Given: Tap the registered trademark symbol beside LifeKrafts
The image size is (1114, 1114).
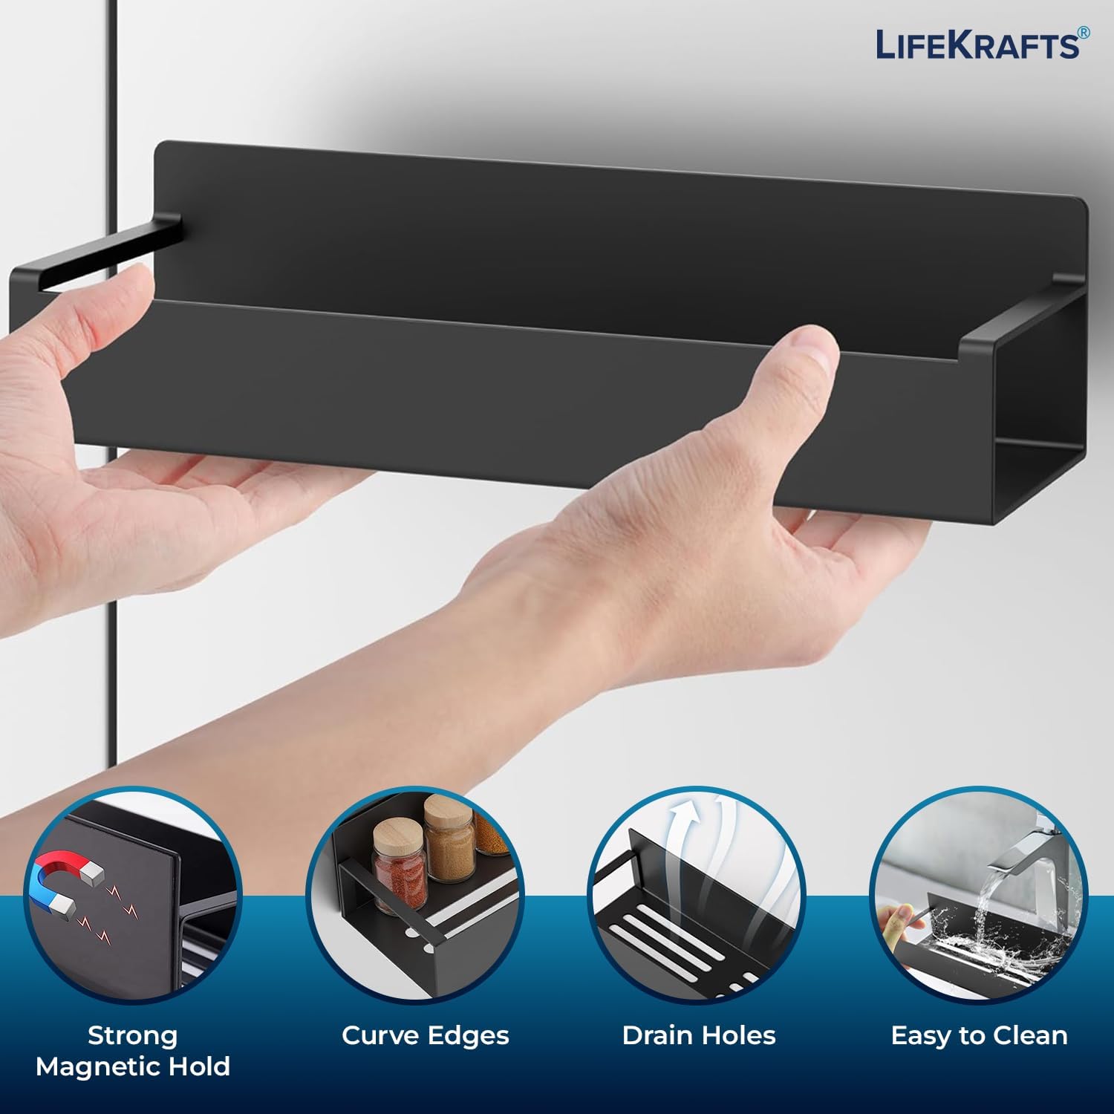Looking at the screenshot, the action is coord(1084,33).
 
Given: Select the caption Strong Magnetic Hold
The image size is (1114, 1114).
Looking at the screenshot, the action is coord(133,1051).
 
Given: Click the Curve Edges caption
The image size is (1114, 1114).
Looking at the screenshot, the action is coord(426,1035).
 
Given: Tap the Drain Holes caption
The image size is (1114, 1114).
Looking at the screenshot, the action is coord(699,1035).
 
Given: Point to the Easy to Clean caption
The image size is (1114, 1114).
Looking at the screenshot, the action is coord(979,1036).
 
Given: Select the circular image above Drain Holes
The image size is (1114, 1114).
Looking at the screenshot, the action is coord(699,895).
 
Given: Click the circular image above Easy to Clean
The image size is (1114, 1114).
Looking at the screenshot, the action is coord(979,895).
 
